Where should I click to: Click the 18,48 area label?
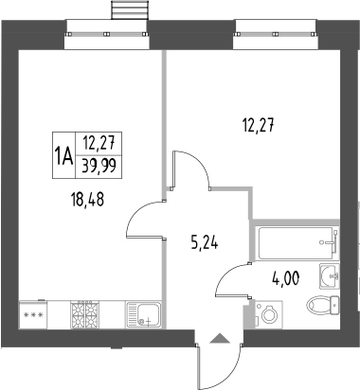click(x=88, y=200)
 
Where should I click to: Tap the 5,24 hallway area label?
click(x=205, y=243)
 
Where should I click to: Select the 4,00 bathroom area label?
click(x=285, y=278)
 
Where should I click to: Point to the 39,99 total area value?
click(x=99, y=166)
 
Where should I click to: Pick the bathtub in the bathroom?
click(x=296, y=243)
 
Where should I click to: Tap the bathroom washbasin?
click(x=330, y=276)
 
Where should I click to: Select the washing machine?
click(x=269, y=314)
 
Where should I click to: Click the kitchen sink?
click(x=144, y=315)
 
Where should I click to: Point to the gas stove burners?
click(x=84, y=315)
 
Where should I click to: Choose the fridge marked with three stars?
click(x=33, y=314)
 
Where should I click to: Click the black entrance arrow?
click(x=220, y=338)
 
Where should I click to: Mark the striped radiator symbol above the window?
click(x=130, y=9)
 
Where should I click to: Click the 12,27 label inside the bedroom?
click(x=259, y=125)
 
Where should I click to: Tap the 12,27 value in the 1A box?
click(x=99, y=144)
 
